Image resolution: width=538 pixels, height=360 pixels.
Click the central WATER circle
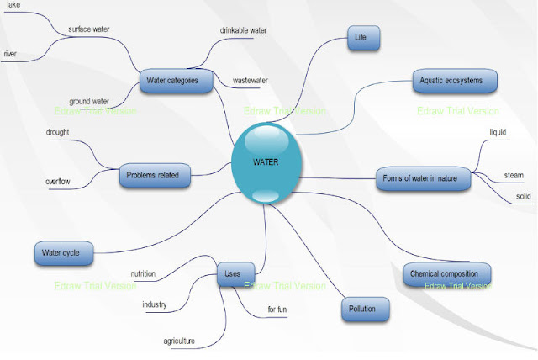[x=266, y=161]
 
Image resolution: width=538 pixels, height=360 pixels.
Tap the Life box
[x=365, y=38]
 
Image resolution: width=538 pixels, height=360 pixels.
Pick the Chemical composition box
[x=446, y=274]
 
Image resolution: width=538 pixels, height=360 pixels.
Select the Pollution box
[x=367, y=309]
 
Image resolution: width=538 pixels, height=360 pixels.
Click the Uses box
[x=233, y=274]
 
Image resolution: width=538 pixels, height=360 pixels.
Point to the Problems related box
[x=156, y=175]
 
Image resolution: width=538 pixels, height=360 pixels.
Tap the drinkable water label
[x=244, y=30]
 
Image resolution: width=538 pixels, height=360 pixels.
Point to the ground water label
[x=90, y=101]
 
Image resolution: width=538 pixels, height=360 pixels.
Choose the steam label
[x=514, y=175]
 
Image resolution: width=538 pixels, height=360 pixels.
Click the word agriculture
[x=179, y=341]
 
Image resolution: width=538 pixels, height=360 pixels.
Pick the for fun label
[x=277, y=310]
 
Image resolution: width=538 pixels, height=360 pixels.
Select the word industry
[x=155, y=304]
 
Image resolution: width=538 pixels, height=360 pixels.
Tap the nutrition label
[x=148, y=273]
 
